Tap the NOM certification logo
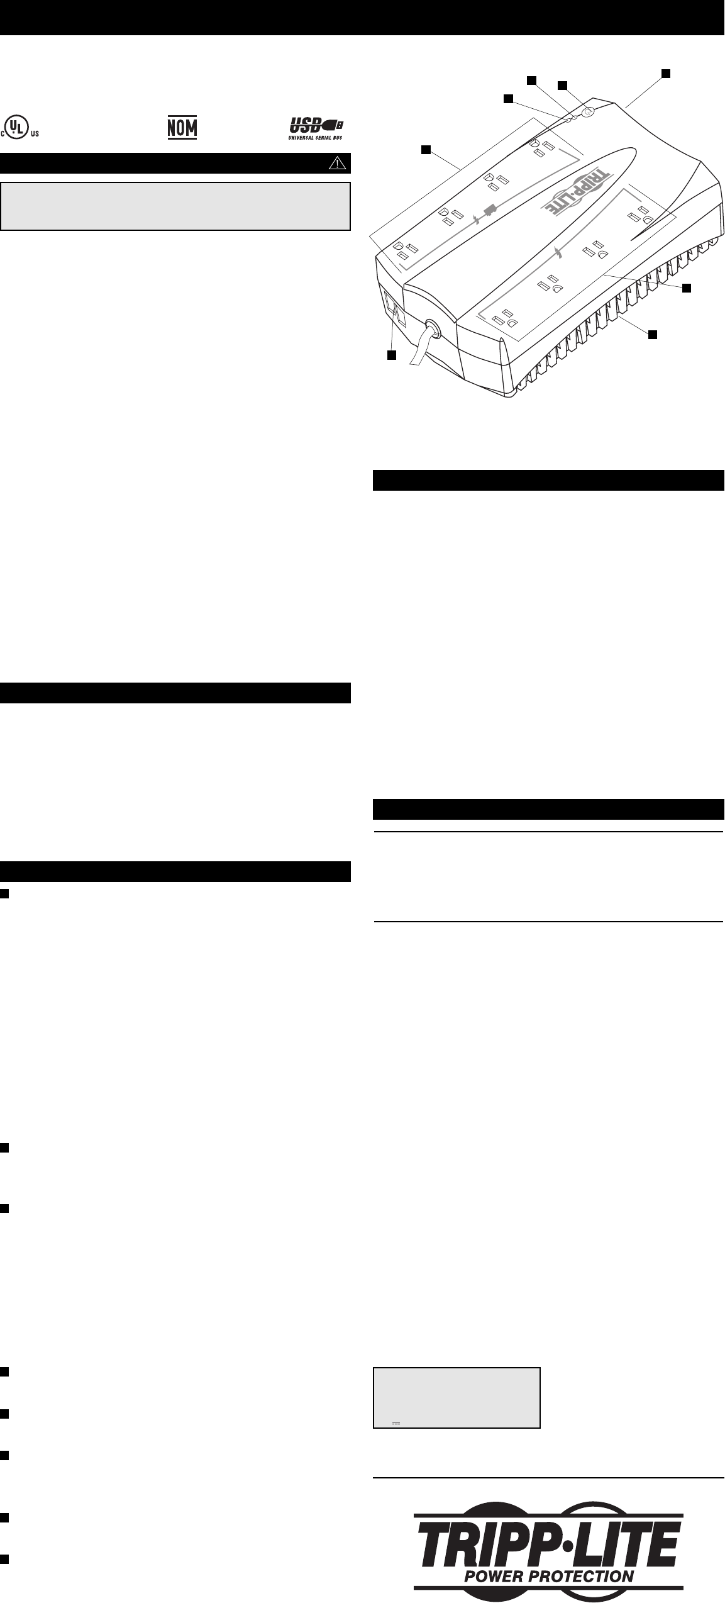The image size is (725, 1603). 182,128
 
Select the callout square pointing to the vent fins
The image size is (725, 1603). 653,334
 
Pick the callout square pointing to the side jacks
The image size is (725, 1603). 392,356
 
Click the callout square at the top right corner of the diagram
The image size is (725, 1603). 666,74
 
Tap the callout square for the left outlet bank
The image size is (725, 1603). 426,149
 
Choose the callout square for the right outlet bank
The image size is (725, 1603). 687,288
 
